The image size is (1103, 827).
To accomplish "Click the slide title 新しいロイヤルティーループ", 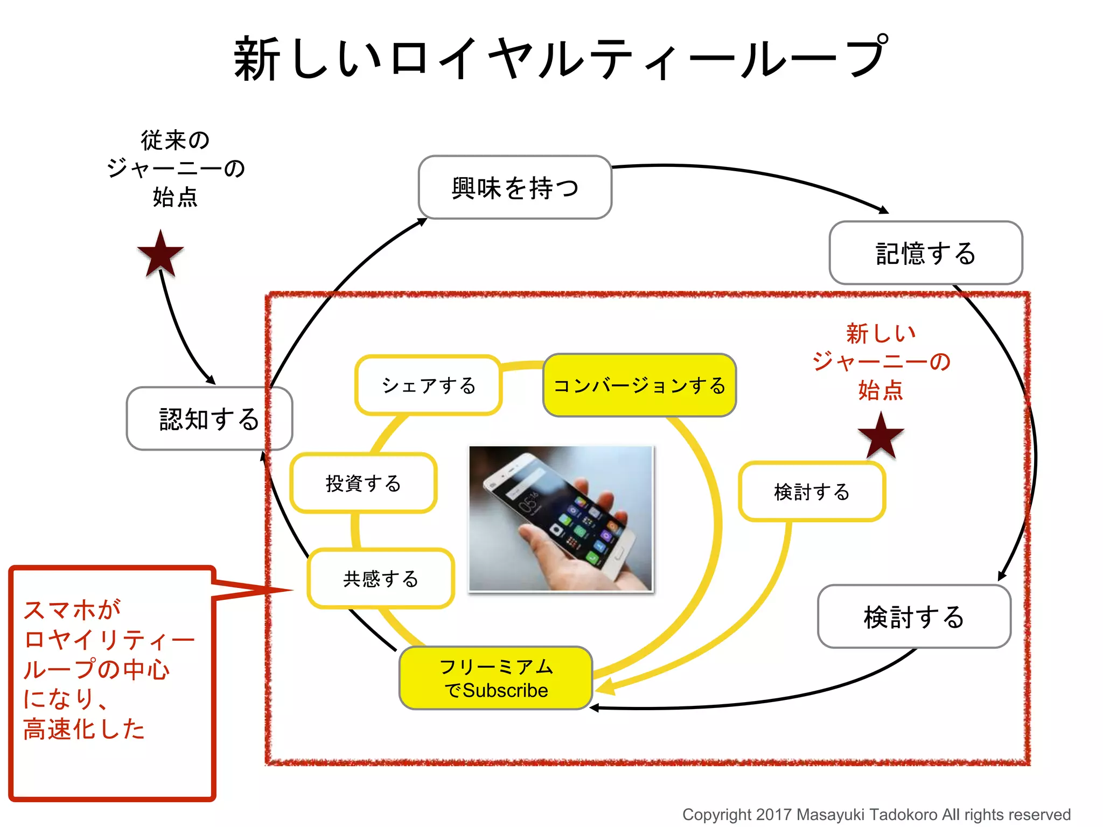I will pos(560,58).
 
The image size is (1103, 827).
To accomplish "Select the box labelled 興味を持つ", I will pos(515,188).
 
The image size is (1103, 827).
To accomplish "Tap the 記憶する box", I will pos(925,253).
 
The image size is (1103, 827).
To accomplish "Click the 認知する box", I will pos(209,419).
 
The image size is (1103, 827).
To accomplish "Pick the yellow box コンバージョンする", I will pos(639,386).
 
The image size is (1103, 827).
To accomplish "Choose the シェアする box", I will pos(428,386).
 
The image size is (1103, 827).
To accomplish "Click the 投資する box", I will pos(364,483).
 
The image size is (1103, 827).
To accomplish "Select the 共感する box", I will pos(381,579).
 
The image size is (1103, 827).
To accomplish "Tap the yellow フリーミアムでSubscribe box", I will pos(495,678).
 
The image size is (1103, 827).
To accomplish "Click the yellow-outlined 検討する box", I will pos(812,492).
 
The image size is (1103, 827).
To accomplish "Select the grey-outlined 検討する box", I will pos(914,616).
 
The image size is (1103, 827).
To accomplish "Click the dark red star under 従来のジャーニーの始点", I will pos(160,254).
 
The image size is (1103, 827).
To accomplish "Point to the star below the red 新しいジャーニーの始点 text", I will pos(881,436).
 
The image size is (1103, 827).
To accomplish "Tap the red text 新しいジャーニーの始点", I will pos(881,361).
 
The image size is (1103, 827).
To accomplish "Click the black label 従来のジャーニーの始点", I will pos(175,169).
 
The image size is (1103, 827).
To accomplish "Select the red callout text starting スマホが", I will pos(108,669).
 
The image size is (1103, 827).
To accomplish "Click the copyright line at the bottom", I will pos(876,814).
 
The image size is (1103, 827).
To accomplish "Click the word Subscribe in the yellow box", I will pos(505,691).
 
